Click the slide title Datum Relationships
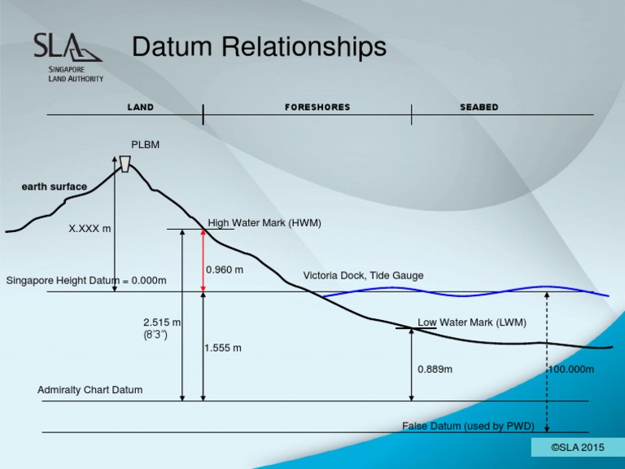(x=259, y=47)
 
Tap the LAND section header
(x=140, y=107)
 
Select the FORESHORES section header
(x=317, y=107)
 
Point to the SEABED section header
(x=479, y=107)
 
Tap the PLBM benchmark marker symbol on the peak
(x=125, y=164)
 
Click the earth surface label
(x=54, y=186)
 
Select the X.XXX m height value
(x=90, y=229)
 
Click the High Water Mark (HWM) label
(x=264, y=222)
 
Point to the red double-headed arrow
(x=203, y=261)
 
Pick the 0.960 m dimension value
(x=225, y=270)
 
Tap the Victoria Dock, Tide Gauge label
(x=363, y=276)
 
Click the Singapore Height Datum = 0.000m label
(x=86, y=281)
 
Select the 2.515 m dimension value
(x=162, y=322)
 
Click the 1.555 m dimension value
(x=223, y=348)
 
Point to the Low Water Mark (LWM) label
(x=472, y=322)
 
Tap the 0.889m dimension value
(x=435, y=369)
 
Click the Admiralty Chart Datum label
(x=90, y=390)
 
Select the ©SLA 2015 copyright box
(x=578, y=447)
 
